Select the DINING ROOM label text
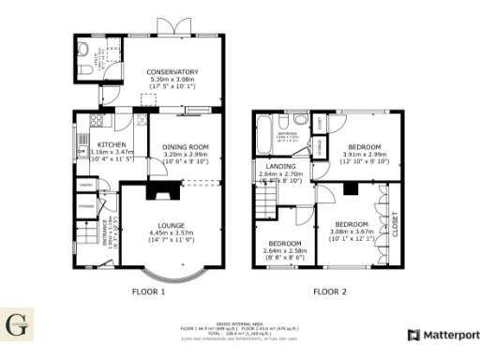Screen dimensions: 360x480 (x=185, y=147)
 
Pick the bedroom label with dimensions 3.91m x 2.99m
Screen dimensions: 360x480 (x=364, y=147)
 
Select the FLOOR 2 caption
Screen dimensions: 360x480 (x=329, y=292)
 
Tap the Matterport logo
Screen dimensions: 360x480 (x=442, y=335)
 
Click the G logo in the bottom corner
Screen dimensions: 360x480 (x=19, y=327)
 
